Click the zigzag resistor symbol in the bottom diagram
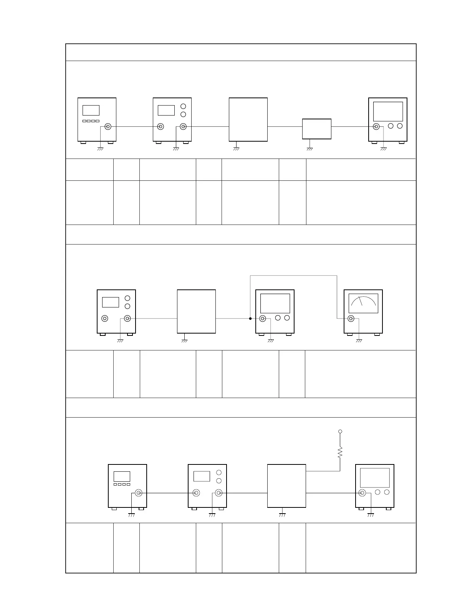point(340,452)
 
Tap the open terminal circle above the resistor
point(340,431)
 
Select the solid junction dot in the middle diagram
point(250,319)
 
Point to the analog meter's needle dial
point(363,303)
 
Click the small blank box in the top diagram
point(317,129)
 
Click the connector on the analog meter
point(351,319)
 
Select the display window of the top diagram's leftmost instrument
point(91,110)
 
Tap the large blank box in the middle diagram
point(196,311)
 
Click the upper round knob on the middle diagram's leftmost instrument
point(127,298)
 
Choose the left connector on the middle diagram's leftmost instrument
point(104,318)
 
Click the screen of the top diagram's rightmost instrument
point(388,112)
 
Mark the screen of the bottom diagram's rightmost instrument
point(375,478)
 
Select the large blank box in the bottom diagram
point(286,486)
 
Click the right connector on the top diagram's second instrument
point(184,126)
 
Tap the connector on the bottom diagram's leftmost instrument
point(139,493)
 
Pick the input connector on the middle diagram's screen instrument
point(263,319)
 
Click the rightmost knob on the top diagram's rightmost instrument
point(400,126)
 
